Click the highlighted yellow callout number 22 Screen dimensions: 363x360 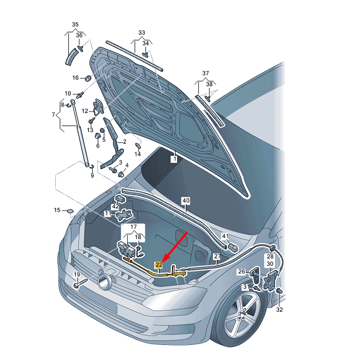[159, 265]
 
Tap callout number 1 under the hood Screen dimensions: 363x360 [174, 159]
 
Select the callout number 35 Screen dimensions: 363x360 [75, 24]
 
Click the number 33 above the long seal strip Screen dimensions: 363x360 [142, 33]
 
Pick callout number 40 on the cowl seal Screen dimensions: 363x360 [186, 201]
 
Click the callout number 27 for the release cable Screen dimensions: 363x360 [217, 256]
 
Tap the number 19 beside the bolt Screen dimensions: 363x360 [77, 275]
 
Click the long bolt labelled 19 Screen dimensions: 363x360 [80, 283]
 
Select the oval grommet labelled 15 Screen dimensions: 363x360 [70, 211]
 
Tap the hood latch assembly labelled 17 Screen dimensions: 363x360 [127, 249]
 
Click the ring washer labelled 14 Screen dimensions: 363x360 [137, 146]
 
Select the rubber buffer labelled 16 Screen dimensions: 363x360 [87, 78]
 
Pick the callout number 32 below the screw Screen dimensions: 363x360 [280, 309]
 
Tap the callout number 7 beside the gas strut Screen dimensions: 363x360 [53, 115]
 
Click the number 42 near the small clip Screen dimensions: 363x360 [115, 206]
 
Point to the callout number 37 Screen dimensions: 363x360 [205, 73]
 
